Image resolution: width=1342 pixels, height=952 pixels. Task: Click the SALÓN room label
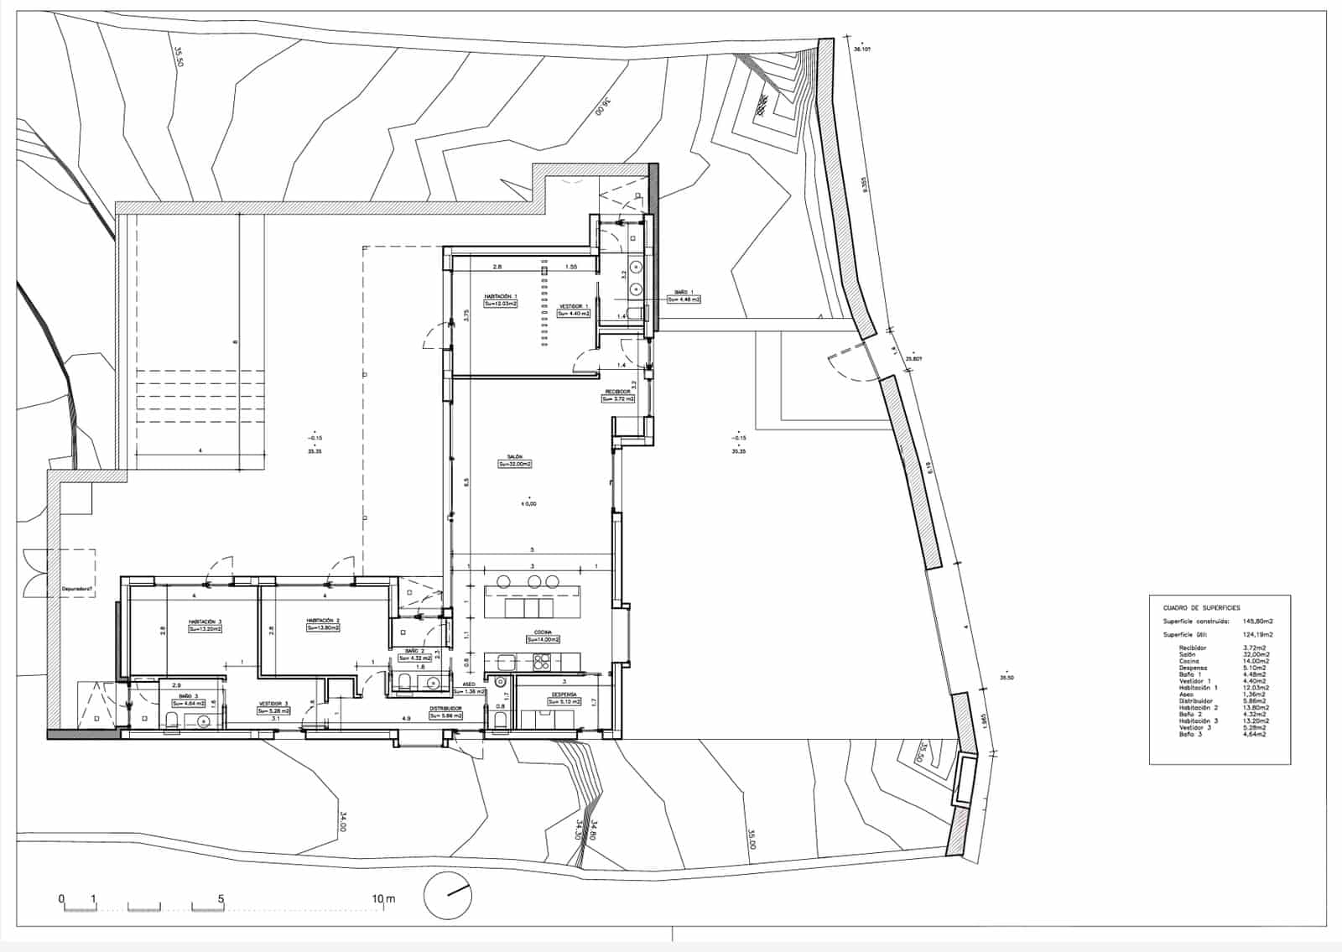pos(514,457)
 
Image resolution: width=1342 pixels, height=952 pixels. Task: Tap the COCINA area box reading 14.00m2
pos(543,640)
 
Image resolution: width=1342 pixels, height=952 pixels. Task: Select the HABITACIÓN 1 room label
pos(501,296)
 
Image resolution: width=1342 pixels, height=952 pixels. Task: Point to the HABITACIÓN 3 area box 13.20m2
pos(205,628)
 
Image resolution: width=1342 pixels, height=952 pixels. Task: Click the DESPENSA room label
pos(564,694)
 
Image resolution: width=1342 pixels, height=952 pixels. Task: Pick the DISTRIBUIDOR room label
pos(445,708)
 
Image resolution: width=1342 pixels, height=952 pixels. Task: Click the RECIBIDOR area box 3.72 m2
pos(618,399)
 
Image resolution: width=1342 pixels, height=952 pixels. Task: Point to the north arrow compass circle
pos(448,895)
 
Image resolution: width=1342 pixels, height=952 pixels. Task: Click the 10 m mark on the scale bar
pos(383,899)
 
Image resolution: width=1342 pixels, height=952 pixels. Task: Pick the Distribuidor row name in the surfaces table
pos(1197,701)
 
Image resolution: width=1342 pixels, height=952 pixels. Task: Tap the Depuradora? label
pos(77,589)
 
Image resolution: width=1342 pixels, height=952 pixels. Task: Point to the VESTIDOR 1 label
pos(575,306)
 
